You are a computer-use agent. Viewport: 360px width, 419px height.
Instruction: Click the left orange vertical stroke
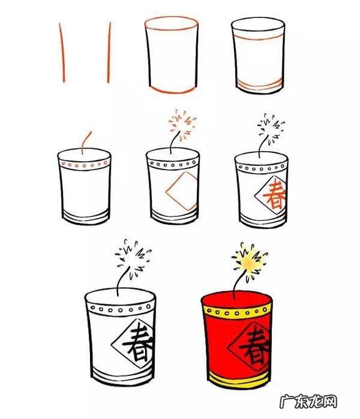coord(62,53)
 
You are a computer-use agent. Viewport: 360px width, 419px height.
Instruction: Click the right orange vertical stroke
coord(109,53)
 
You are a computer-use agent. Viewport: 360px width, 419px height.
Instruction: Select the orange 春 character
coord(274,195)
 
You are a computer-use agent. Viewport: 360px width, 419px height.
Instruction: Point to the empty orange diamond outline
coord(182,191)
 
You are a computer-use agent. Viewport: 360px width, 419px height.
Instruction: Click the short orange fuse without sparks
coord(86,143)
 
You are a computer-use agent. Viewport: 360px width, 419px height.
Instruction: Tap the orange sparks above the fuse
coord(182,125)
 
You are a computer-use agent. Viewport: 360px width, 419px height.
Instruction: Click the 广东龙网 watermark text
coord(308,402)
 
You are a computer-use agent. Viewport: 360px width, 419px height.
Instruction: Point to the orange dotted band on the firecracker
coord(85,164)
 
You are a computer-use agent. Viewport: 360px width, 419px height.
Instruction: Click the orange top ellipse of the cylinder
coord(172,23)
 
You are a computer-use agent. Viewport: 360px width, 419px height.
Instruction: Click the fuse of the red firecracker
coord(239,284)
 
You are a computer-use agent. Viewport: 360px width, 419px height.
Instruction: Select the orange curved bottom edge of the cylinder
coord(173,90)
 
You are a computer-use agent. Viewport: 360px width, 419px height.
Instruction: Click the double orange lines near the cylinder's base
coord(259,85)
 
